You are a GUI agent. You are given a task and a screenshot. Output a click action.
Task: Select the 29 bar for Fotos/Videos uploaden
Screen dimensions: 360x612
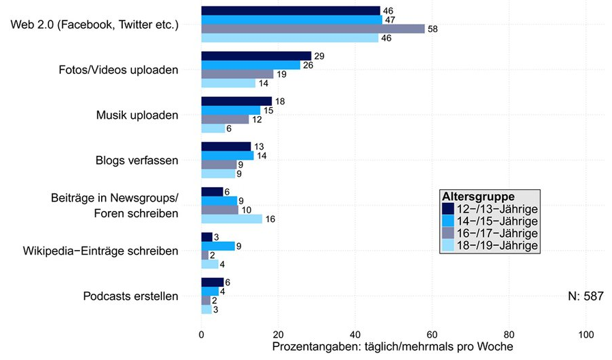tap(256, 56)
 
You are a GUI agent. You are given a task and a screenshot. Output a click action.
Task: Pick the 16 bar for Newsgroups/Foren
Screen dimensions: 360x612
tap(232, 219)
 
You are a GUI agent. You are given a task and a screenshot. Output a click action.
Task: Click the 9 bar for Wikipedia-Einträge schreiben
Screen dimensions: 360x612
tap(218, 246)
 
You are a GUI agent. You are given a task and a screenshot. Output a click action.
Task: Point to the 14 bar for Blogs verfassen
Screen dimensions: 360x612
tap(227, 156)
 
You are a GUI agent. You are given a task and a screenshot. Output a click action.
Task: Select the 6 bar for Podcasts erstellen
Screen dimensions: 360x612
tap(212, 283)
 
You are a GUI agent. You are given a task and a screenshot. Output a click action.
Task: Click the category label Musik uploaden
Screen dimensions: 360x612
tap(137, 115)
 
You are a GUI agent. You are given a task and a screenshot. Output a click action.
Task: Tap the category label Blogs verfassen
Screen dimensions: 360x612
tap(137, 161)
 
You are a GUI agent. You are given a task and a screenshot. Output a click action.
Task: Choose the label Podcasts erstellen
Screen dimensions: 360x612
tap(130, 296)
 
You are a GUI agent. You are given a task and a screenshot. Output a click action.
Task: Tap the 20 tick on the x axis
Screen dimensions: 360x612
tap(278, 335)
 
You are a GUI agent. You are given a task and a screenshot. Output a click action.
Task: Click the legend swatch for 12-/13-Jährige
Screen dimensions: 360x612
tap(448, 209)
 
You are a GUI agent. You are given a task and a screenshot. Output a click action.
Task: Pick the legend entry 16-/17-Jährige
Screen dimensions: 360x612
tap(497, 234)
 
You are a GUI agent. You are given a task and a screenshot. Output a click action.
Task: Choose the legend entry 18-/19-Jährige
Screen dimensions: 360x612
tap(497, 245)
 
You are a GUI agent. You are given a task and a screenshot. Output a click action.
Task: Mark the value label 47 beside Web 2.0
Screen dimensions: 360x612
tap(390, 20)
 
